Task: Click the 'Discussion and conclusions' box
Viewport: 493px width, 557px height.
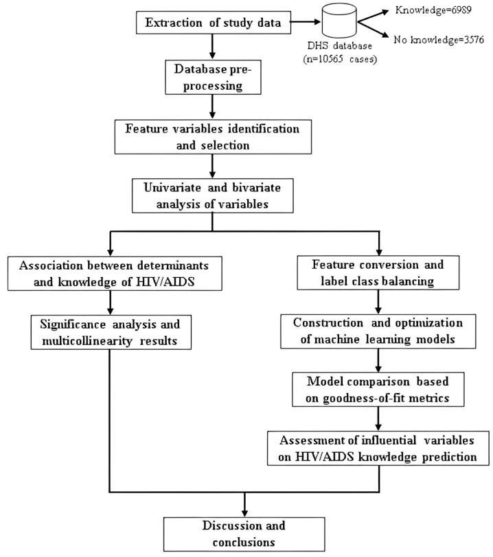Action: [244, 533]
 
